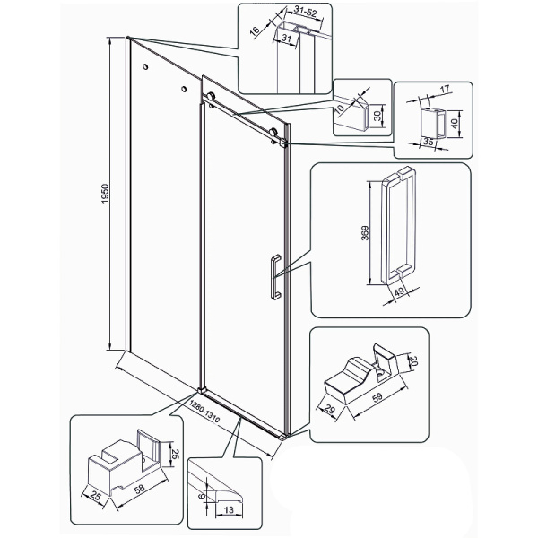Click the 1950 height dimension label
(x=105, y=194)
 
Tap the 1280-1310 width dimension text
(x=204, y=412)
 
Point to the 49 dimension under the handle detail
(x=399, y=292)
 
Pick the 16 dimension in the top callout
(x=255, y=30)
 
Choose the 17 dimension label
(x=445, y=90)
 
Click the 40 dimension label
(x=455, y=124)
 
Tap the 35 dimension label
(x=428, y=142)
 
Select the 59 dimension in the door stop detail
(x=377, y=397)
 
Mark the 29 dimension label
(x=330, y=410)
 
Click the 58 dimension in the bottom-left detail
(x=139, y=489)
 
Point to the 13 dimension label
(x=229, y=510)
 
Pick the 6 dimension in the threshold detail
(x=202, y=496)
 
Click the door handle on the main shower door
(x=276, y=277)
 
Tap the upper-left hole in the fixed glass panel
(x=145, y=66)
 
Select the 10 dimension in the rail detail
(x=340, y=109)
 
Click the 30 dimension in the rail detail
(x=377, y=116)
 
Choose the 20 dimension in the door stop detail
(x=412, y=361)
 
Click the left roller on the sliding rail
(x=211, y=97)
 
